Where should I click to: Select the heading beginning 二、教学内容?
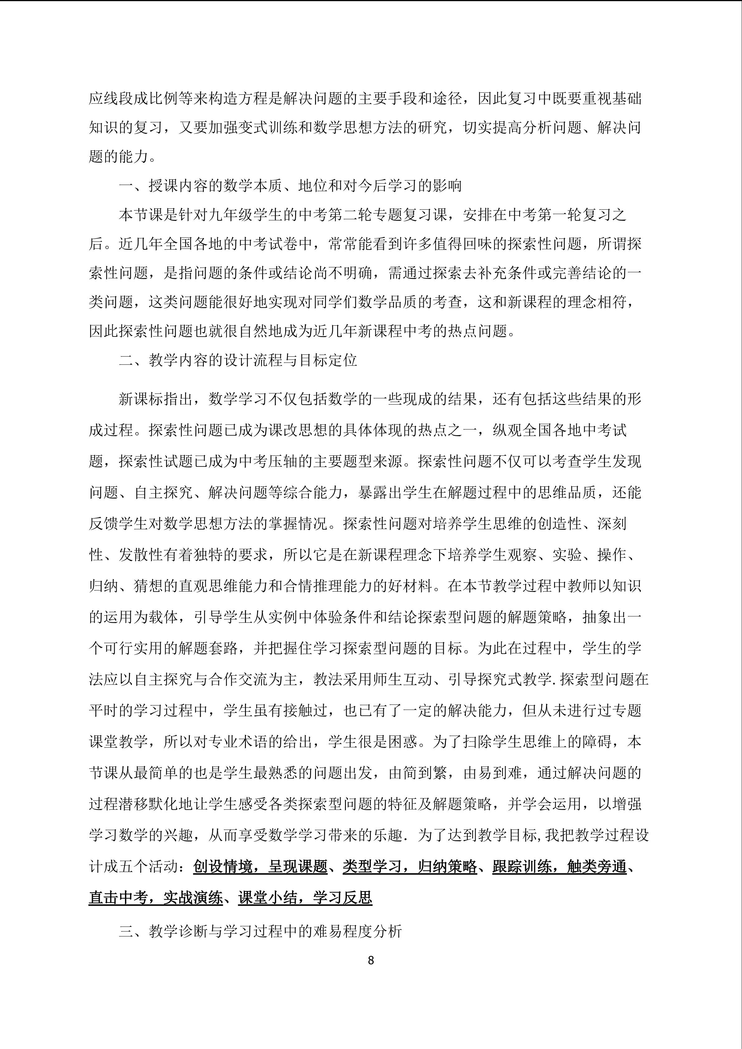(x=237, y=360)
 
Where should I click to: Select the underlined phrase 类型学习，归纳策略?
(x=410, y=867)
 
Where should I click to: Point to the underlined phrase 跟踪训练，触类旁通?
(x=559, y=867)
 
